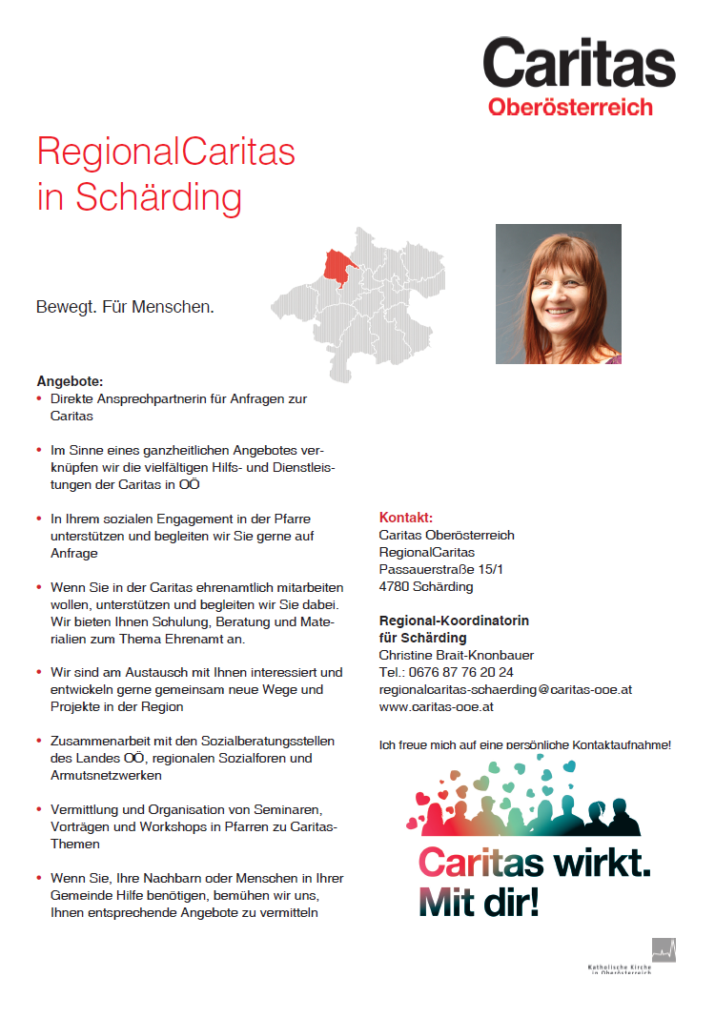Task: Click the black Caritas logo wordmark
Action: (579, 64)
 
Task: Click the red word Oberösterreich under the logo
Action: (570, 107)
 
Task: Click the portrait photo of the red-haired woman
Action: (558, 294)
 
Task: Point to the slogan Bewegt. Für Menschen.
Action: (125, 308)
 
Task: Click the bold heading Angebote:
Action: (70, 381)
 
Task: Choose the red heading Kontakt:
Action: (406, 518)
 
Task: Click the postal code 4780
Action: (394, 586)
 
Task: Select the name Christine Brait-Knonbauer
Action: (457, 655)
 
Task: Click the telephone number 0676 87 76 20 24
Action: (460, 672)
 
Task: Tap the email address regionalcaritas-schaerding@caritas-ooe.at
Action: (505, 689)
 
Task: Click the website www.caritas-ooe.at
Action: (437, 706)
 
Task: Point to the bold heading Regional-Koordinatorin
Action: (454, 621)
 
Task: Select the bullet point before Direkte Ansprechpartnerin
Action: (39, 399)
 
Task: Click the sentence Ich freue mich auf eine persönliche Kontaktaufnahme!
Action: (525, 744)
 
